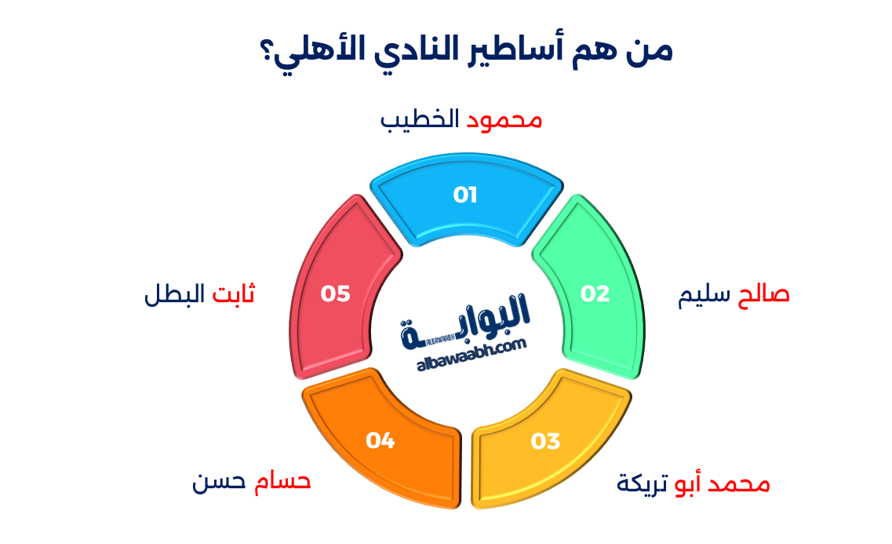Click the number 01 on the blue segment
coord(465,195)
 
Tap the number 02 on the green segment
coord(595,294)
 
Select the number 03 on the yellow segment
coord(545,441)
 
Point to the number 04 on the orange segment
coord(380,440)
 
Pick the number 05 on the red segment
coord(335,294)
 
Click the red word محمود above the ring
coord(505,120)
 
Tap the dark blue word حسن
coord(217,481)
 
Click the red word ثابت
coord(235,295)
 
